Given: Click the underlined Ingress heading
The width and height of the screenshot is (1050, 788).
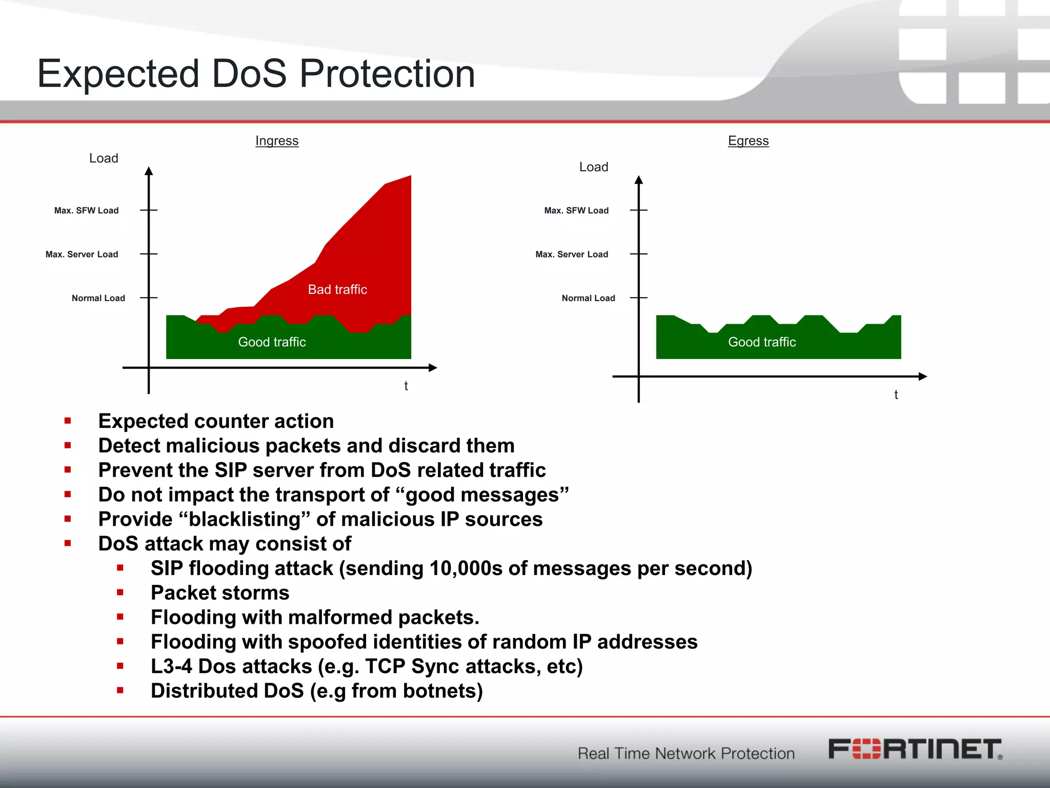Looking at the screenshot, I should coord(277,141).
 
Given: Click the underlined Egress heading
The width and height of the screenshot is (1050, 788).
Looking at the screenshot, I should coord(748,141).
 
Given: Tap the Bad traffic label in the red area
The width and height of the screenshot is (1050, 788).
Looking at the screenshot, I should coord(337,289).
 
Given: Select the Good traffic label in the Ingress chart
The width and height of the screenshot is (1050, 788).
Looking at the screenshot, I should coord(272,342).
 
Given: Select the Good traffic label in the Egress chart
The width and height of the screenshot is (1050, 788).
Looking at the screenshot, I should coord(762,342).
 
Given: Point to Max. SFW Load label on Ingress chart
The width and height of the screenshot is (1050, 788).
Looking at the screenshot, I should coord(86,210).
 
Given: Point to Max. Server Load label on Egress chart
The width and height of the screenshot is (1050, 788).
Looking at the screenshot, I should coord(572,254).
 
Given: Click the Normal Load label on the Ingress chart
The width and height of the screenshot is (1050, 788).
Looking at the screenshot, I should coord(98,298).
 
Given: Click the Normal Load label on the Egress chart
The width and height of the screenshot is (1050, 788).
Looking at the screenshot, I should coord(588,298).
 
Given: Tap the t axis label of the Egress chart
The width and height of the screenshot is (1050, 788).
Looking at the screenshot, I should coord(896,395).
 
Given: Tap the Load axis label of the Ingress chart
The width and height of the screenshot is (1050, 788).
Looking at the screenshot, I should coord(104,158).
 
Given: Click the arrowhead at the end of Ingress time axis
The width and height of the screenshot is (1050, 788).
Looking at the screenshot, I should coord(433,367).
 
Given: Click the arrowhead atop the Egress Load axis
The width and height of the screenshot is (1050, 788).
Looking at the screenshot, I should coord(638,180).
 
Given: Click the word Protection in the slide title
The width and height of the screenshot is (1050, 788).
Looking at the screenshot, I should coord(387,73).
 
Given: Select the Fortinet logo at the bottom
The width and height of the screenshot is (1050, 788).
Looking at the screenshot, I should coord(915,749).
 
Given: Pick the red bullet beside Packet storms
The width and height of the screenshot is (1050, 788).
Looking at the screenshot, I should coord(120,593).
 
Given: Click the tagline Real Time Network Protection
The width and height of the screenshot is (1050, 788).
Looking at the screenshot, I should coord(686,753).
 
